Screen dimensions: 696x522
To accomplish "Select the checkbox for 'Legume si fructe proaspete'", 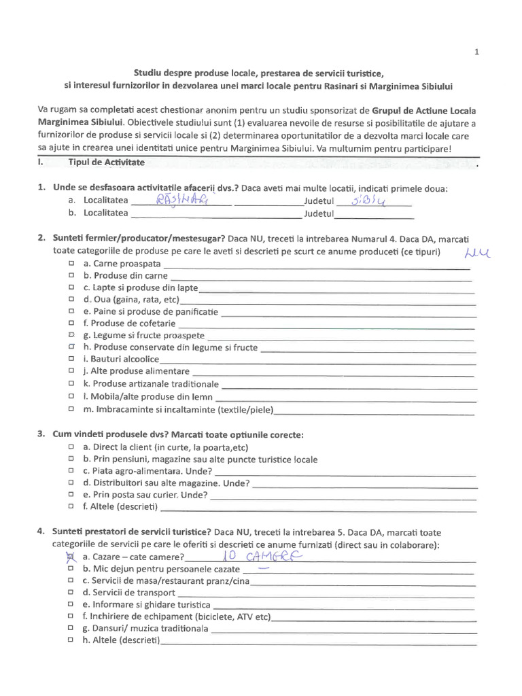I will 71,336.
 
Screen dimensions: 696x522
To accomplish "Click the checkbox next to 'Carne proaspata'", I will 71,262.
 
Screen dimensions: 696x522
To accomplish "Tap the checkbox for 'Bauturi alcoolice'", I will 71,359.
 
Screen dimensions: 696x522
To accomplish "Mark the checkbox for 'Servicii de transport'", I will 71,593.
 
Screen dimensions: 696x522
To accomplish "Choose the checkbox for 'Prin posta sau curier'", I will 71,495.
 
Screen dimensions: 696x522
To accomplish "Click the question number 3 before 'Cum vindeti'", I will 41,434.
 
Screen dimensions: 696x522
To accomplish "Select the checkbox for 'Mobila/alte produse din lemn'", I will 71,396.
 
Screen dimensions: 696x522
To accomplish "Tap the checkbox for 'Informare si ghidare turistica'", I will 71,605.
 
